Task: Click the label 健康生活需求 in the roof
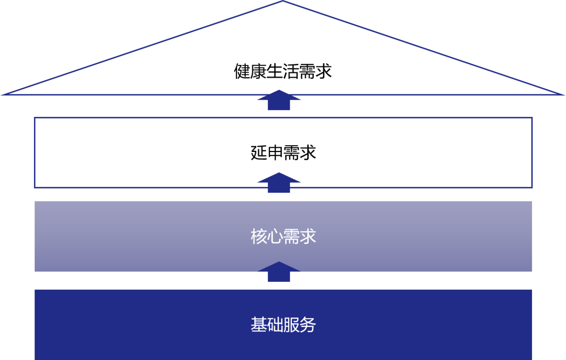(282, 71)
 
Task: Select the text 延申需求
(283, 152)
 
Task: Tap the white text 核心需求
(283, 236)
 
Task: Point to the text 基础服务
(283, 324)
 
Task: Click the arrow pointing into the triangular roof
(279, 100)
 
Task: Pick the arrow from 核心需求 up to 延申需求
(279, 183)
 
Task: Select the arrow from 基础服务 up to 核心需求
(279, 271)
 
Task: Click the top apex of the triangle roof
(282, 1)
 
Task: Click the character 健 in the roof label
(242, 71)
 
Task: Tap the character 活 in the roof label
(291, 71)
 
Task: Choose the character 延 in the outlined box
(258, 152)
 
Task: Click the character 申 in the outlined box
(275, 152)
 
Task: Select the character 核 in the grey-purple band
(258, 236)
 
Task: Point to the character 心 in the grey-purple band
(275, 236)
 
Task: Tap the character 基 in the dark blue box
(258, 324)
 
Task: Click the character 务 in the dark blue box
(308, 324)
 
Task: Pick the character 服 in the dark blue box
(291, 324)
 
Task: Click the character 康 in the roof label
(258, 71)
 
